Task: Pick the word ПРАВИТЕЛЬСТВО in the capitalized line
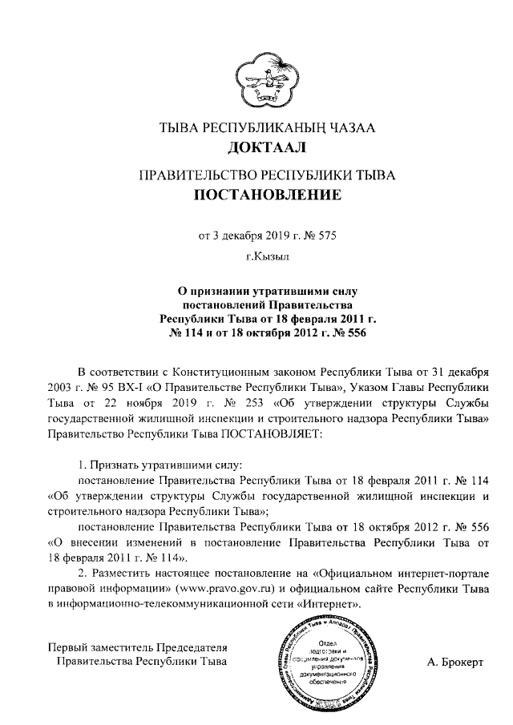coord(188,173)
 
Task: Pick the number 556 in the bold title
coord(353,333)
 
